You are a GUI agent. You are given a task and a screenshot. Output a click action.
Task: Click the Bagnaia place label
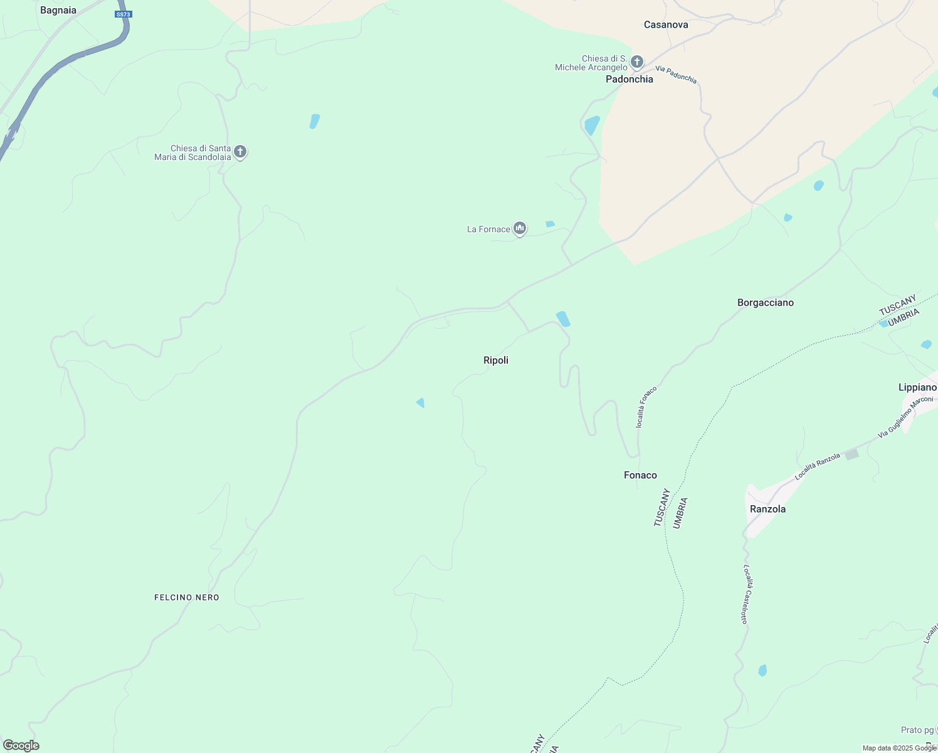58,10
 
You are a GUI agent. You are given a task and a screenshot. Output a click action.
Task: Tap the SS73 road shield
124,14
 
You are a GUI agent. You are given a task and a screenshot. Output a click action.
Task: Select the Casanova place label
666,24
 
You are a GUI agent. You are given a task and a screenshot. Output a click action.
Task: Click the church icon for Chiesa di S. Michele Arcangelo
637,61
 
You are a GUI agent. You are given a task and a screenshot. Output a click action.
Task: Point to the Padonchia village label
630,79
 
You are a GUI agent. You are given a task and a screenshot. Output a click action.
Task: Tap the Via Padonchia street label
676,75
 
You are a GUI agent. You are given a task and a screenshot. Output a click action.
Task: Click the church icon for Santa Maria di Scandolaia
240,151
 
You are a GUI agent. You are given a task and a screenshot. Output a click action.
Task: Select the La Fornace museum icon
519,228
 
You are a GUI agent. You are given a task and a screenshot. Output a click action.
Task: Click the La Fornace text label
488,230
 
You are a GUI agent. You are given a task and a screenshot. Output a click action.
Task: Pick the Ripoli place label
496,360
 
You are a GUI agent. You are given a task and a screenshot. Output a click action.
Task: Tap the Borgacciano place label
766,302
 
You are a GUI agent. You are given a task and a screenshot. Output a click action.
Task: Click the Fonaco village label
640,475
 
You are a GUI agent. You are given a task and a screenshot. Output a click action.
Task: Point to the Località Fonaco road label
646,407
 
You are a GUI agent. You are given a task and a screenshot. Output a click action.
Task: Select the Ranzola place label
767,509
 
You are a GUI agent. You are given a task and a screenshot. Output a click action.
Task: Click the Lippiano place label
917,387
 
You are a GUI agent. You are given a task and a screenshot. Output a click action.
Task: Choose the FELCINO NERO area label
187,597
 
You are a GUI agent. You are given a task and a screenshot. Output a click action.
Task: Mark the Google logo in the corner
21,745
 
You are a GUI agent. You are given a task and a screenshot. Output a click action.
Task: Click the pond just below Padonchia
592,125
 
